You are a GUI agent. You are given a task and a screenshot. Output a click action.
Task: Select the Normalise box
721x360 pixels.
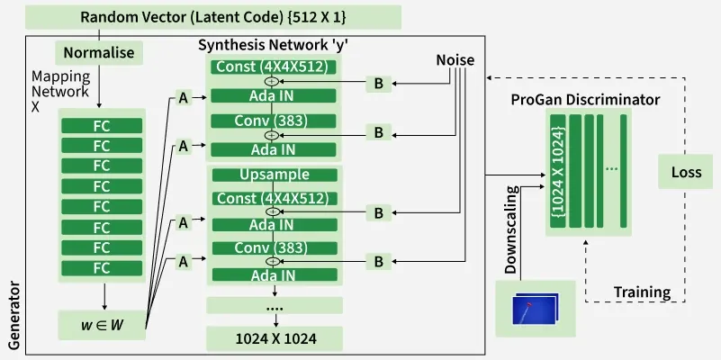click(98, 53)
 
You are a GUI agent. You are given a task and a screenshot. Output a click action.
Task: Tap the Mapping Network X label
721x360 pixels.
click(60, 91)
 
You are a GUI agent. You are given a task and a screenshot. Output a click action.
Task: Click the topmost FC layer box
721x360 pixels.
click(101, 126)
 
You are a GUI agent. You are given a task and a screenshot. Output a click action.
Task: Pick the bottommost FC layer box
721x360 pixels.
click(101, 267)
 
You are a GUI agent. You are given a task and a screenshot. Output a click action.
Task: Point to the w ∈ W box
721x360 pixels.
click(101, 324)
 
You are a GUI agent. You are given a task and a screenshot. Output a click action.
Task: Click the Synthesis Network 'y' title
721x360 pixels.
click(273, 46)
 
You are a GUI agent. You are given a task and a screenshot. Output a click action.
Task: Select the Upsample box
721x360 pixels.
click(275, 175)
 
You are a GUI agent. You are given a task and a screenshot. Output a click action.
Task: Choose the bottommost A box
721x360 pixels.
click(184, 262)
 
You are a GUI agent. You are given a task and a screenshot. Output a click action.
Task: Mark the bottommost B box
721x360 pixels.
click(379, 262)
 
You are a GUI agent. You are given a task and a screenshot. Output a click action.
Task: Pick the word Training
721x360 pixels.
click(642, 292)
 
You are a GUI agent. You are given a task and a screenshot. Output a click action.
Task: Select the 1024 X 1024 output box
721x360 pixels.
click(275, 338)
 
